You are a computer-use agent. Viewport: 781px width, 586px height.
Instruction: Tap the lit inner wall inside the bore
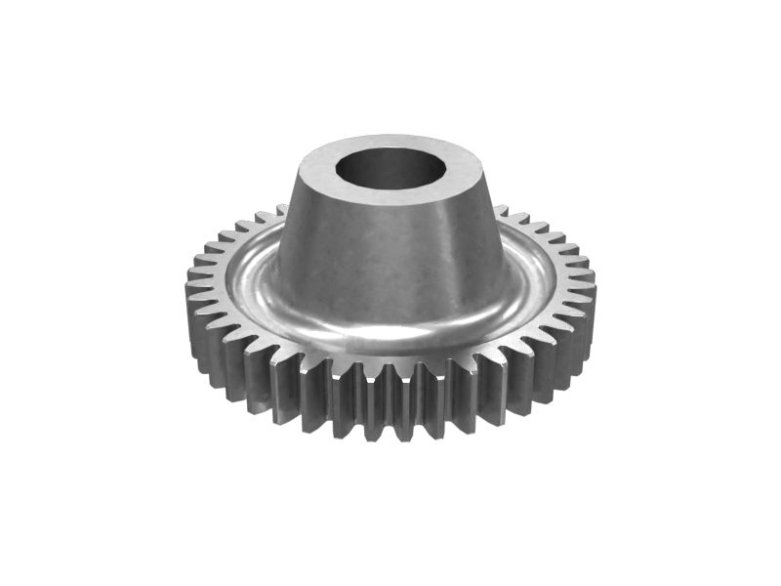tap(390, 156)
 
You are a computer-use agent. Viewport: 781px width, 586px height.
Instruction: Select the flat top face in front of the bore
tap(390, 198)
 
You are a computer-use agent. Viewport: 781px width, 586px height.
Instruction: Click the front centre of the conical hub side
tap(390, 264)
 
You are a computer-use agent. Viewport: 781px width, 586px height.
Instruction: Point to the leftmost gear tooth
tap(192, 293)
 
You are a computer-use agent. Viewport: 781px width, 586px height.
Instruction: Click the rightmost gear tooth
tap(589, 293)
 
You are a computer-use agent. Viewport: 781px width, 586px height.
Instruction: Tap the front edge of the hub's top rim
tap(390, 206)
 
